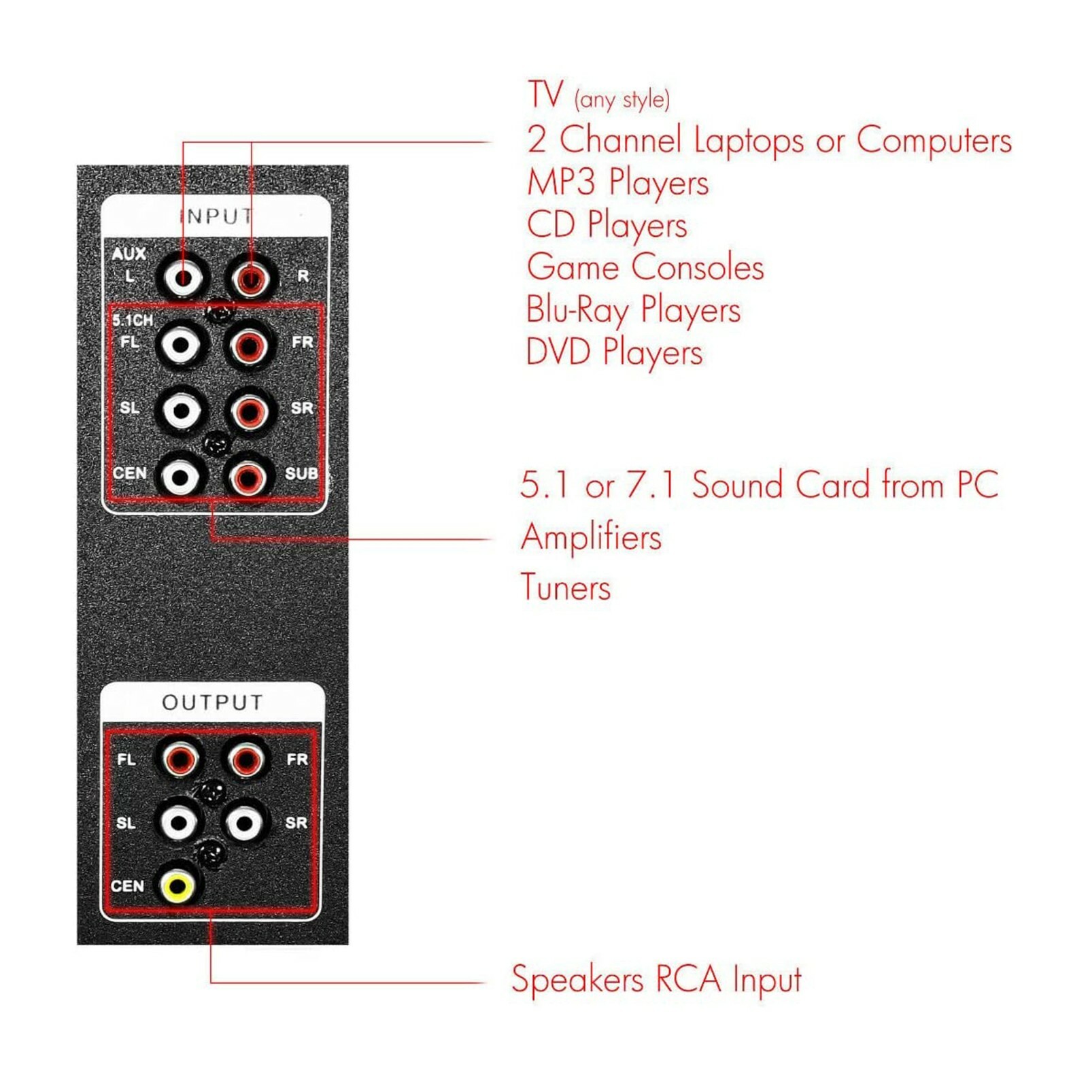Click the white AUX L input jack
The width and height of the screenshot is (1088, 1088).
(x=182, y=277)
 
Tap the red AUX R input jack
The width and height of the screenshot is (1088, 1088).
(x=251, y=277)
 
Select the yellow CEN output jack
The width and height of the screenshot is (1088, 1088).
(x=177, y=885)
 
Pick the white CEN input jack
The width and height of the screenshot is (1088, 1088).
(x=180, y=477)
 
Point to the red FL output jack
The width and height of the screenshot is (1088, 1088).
(x=179, y=759)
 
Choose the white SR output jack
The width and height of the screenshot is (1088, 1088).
(x=244, y=823)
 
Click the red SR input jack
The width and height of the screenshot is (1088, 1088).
(x=249, y=411)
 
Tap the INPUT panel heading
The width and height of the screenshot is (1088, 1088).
(x=216, y=216)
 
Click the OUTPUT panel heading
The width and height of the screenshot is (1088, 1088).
(x=212, y=702)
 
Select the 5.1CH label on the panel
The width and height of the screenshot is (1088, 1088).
(x=133, y=320)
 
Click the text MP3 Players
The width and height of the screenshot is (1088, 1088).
(x=617, y=182)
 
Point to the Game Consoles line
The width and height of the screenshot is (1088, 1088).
(x=645, y=267)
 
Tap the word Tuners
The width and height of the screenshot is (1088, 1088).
(x=565, y=588)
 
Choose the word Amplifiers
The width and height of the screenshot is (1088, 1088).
(x=590, y=537)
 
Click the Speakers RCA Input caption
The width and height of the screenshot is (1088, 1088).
(x=656, y=980)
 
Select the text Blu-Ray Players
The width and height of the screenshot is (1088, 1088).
(x=632, y=310)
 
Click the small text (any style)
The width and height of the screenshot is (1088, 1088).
(x=622, y=100)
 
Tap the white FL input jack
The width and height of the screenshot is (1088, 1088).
(x=181, y=345)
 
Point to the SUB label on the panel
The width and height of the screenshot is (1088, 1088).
(x=301, y=473)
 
